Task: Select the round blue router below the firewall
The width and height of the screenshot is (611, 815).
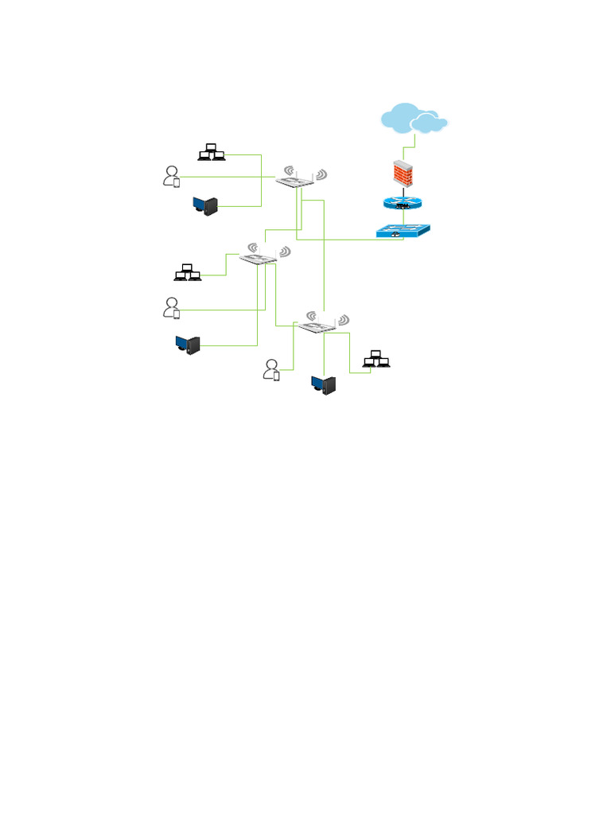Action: click(x=404, y=204)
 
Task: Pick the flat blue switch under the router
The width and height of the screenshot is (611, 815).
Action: click(x=403, y=230)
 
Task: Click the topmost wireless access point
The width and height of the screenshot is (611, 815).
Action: click(x=300, y=178)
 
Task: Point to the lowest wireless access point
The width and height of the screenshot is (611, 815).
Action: click(x=323, y=323)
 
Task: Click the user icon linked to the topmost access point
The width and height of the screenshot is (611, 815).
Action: click(x=171, y=176)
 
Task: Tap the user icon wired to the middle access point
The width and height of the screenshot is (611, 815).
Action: click(x=171, y=307)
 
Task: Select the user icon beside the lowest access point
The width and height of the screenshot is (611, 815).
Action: click(x=272, y=369)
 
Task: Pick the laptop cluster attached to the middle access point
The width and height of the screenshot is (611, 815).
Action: click(x=188, y=272)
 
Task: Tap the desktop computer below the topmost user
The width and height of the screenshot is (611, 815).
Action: click(x=205, y=206)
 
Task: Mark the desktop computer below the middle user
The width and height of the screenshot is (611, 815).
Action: click(x=188, y=344)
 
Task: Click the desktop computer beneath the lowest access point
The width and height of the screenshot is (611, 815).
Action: click(x=325, y=385)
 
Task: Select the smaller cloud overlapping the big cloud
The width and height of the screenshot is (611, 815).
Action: click(x=429, y=123)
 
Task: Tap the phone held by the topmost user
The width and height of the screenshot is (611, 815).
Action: click(x=177, y=183)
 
